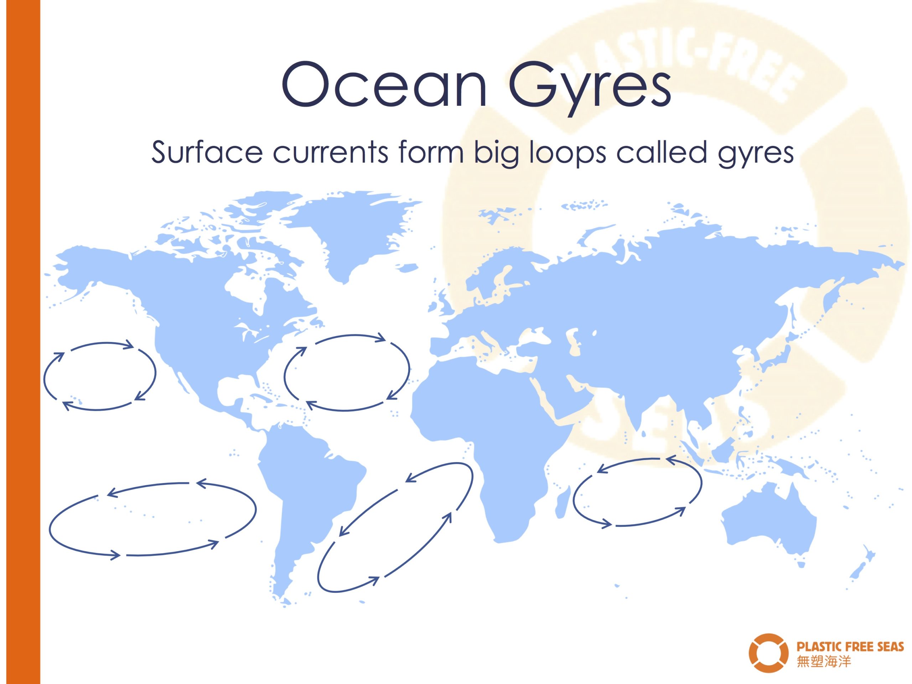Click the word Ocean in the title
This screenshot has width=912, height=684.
(x=384, y=84)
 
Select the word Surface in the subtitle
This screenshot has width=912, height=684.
(x=207, y=152)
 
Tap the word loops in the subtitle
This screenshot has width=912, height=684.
(x=568, y=154)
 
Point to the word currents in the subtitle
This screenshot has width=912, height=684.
(x=330, y=153)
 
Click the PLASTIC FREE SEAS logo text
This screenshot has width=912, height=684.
(x=850, y=646)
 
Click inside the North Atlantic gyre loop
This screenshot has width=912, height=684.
(x=347, y=373)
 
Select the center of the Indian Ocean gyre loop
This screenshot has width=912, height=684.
(x=637, y=492)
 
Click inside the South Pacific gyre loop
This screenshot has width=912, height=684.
(x=152, y=519)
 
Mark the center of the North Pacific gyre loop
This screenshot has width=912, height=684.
(x=100, y=376)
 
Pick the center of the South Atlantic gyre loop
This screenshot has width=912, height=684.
(x=395, y=527)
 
